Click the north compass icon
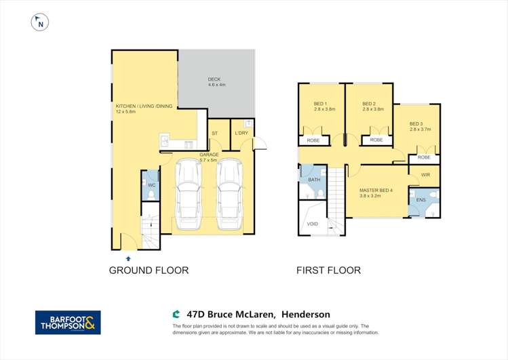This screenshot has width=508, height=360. click(x=41, y=22)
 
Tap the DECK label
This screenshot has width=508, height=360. click(x=215, y=80)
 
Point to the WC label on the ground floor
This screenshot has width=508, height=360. click(x=151, y=185)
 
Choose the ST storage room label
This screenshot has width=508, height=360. click(x=214, y=133)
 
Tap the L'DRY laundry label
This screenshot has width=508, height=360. click(x=241, y=133)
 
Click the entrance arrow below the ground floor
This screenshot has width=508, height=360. click(x=128, y=258)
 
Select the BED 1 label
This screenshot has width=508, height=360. click(x=320, y=104)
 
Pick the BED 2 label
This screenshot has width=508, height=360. click(x=368, y=104)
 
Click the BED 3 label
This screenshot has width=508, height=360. click(x=416, y=123)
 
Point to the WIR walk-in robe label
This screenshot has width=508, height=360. click(x=425, y=175)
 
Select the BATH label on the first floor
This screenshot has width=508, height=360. click(x=313, y=180)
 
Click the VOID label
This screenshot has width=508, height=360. click(x=312, y=223)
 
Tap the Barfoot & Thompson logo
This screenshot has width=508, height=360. click(x=68, y=322)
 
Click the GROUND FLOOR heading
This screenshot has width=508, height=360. click(x=149, y=270)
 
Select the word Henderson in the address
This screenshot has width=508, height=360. click(x=307, y=314)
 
